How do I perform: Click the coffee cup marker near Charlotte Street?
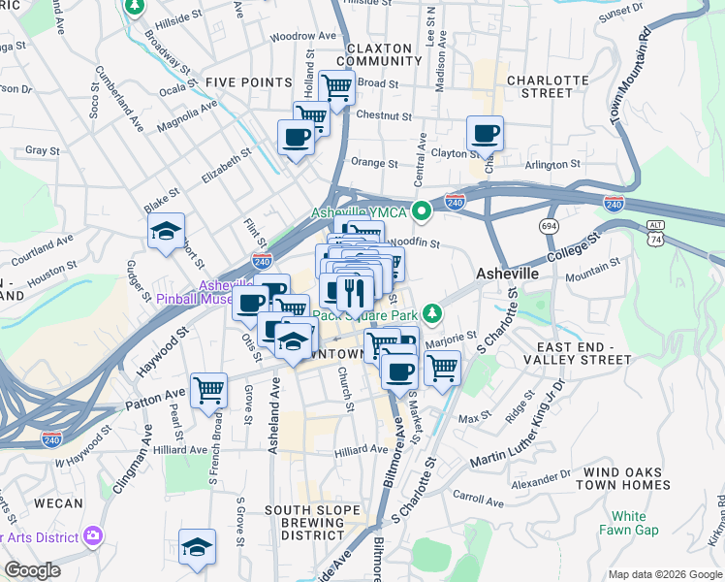pos(485,134)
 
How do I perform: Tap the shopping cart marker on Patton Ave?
pos(209,391)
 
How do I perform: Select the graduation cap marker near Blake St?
pos(166,232)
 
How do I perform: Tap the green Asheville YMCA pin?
pos(422,210)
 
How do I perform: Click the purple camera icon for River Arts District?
pos(93,534)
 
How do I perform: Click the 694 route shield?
pos(550,225)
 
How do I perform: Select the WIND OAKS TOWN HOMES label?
pos(622,478)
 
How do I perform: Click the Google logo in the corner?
pos(32,570)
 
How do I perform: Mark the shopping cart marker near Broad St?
pos(336,87)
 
